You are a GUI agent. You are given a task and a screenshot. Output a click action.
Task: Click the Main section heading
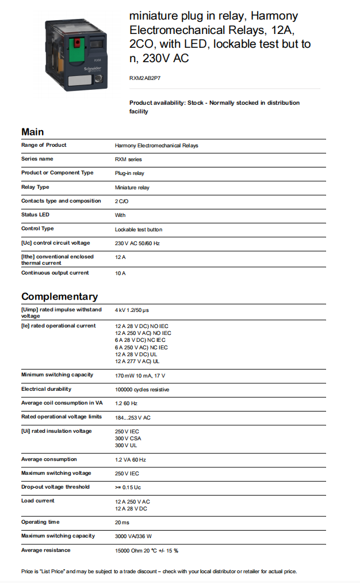click(x=32, y=132)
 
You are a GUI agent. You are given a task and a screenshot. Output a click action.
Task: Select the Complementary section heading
click(x=59, y=296)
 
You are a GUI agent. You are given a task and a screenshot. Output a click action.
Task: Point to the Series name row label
click(x=37, y=159)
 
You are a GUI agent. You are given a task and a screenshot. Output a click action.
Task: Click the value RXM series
click(x=128, y=159)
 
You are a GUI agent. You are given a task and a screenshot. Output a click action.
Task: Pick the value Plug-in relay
click(x=129, y=173)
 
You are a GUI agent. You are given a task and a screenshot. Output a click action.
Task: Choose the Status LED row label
click(x=35, y=215)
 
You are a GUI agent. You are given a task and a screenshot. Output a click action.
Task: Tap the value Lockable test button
click(x=139, y=229)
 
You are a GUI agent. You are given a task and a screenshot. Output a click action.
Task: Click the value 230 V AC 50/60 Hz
click(x=137, y=243)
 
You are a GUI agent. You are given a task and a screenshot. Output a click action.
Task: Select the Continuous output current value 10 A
click(x=120, y=273)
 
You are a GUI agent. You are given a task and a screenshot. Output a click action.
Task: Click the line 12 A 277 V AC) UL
click(x=137, y=361)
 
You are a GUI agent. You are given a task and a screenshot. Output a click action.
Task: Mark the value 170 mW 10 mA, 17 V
click(x=140, y=375)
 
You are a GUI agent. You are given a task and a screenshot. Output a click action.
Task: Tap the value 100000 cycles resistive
click(x=142, y=390)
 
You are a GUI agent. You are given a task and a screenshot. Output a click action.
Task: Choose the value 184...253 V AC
click(x=133, y=417)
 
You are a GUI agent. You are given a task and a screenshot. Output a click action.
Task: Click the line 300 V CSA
click(x=128, y=439)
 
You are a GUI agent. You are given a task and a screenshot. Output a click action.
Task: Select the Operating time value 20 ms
click(x=122, y=523)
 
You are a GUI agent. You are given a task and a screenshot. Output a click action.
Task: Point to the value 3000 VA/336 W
click(x=133, y=536)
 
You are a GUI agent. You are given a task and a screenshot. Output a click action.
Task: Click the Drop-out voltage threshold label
click(x=55, y=487)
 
